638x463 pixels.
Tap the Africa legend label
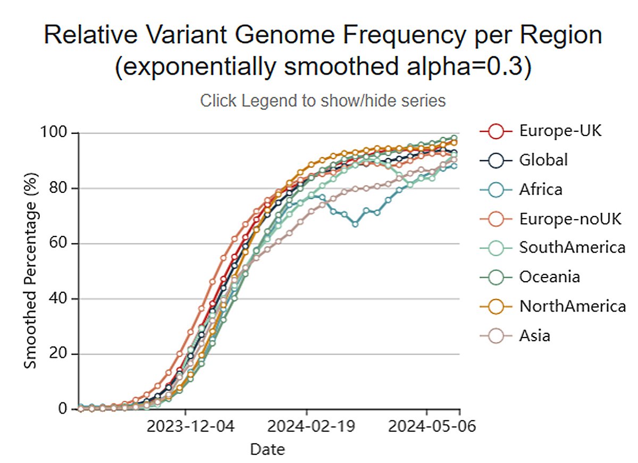tap(541, 189)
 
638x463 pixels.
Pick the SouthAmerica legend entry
tap(572, 247)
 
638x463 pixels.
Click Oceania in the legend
tap(550, 276)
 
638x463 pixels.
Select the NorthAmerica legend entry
tap(572, 306)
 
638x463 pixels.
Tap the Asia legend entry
tap(535, 335)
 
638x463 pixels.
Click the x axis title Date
tap(267, 450)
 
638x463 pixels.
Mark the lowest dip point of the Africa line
tap(355, 224)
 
